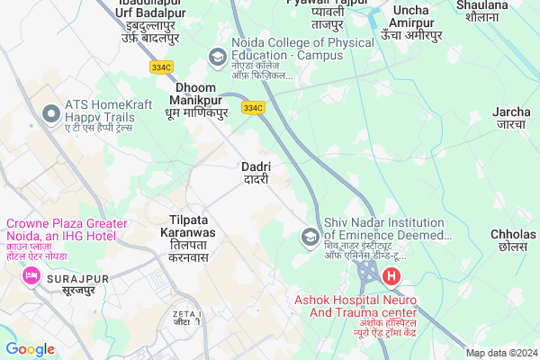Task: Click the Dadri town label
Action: coord(256,172)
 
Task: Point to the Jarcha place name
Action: coord(511,118)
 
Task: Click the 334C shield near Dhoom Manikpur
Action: coord(253,108)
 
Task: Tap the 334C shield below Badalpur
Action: coord(162,66)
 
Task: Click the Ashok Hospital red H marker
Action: coord(391,277)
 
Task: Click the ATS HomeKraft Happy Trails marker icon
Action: coord(50,112)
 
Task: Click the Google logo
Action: coord(31,348)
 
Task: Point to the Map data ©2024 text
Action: coord(500,353)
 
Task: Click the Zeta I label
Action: coord(186,316)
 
